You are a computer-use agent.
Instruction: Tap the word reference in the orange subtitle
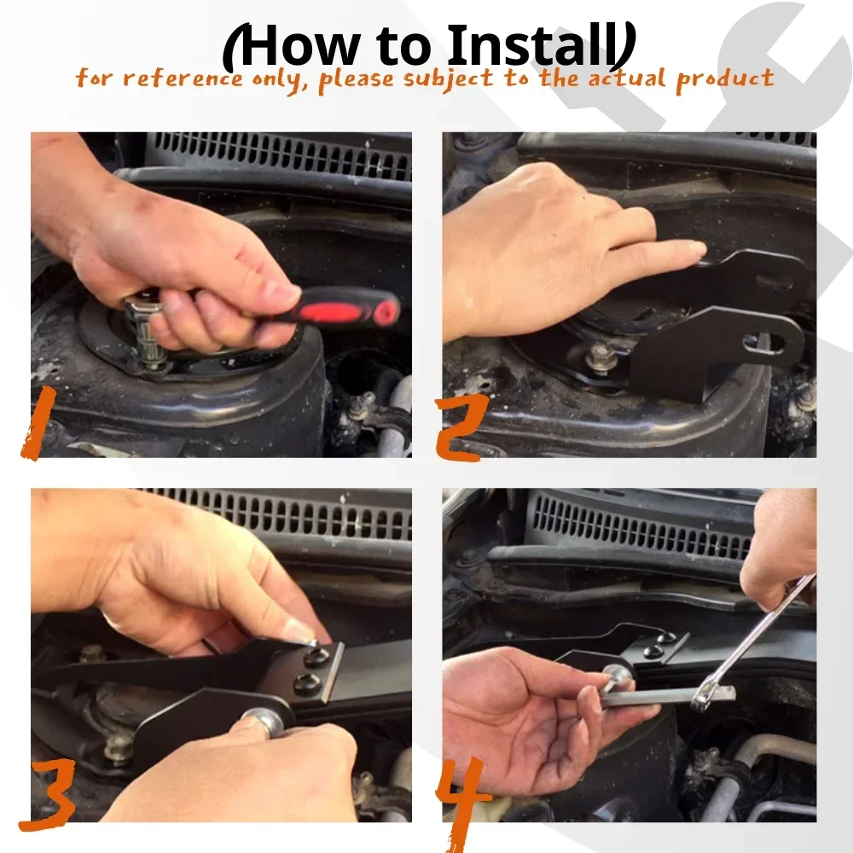tap(183, 78)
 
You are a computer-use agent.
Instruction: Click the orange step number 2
tap(461, 428)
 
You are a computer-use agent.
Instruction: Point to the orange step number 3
tap(47, 795)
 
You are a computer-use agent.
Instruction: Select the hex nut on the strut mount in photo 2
tap(601, 357)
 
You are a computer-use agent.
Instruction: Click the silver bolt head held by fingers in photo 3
tap(265, 720)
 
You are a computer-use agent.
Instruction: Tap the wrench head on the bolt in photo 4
tap(703, 699)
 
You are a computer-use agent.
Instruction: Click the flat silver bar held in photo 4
tap(668, 696)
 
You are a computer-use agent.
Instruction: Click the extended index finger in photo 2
tap(659, 253)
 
